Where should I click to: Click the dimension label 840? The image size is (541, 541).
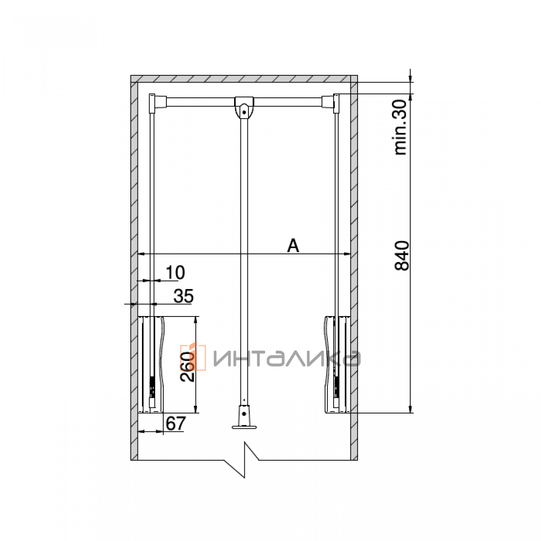(x=402, y=256)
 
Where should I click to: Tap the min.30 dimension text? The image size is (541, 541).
(x=400, y=127)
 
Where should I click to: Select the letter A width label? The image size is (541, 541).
(x=293, y=246)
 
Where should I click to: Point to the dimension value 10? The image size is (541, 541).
(x=175, y=272)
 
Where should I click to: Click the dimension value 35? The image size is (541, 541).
(x=183, y=296)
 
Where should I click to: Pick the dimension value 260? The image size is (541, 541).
(x=188, y=367)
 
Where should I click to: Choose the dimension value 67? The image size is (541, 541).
(x=176, y=423)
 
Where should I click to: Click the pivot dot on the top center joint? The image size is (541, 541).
(x=244, y=112)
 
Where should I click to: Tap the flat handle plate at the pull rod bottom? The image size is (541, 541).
(x=244, y=427)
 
